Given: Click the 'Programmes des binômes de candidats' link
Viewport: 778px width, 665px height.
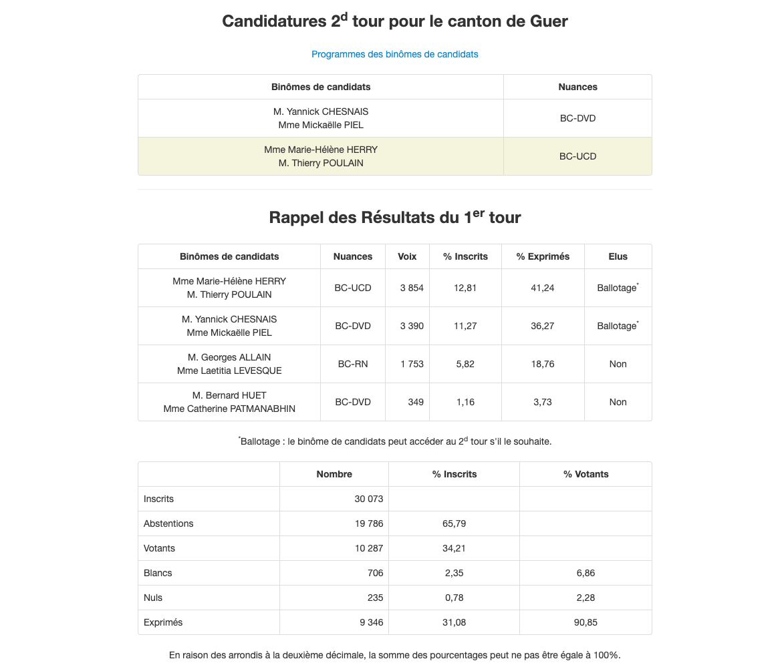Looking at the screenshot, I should tap(394, 54).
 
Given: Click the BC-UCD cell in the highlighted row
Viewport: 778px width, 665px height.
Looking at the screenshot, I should tap(577, 156).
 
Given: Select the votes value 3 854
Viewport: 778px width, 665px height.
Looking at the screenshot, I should tap(412, 288).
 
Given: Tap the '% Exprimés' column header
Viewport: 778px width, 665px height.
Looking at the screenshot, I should tap(543, 256).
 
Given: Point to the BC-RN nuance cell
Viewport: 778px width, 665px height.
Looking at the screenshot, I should tap(352, 364).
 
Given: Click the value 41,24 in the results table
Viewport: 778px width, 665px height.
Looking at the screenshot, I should tap(543, 288).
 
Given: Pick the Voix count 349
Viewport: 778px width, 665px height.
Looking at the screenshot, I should tap(416, 402).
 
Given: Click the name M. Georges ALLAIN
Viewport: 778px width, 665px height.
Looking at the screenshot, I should tap(229, 357).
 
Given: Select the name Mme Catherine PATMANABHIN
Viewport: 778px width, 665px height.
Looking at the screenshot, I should tap(229, 409).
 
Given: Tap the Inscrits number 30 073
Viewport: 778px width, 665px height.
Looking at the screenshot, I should tap(369, 499).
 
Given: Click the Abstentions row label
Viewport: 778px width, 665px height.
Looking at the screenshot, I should tap(168, 523).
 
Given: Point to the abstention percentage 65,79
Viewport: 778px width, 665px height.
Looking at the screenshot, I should tap(454, 523).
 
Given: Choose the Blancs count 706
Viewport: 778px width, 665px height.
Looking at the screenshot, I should tap(375, 573).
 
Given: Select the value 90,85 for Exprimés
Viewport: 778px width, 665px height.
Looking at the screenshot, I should tap(586, 622).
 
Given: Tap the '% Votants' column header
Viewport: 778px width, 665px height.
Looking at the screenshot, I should tap(586, 474).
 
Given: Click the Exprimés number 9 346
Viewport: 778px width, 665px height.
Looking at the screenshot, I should tap(371, 622).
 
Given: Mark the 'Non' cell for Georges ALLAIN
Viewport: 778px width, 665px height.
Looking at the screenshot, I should tap(618, 364).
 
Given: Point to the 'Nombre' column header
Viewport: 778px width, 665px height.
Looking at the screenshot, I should tap(334, 474).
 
